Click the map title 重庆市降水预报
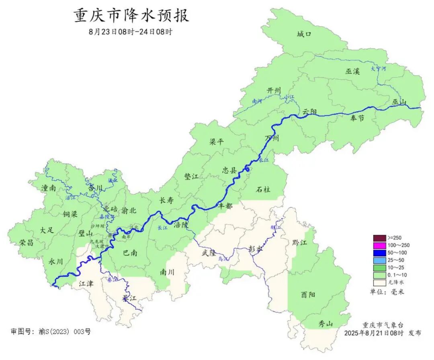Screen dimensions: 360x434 pyautogui.click(x=131, y=16)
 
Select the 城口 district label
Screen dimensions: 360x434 pyautogui.click(x=304, y=34)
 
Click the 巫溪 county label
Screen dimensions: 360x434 pyautogui.click(x=352, y=72)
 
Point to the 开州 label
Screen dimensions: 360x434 pyautogui.click(x=274, y=91)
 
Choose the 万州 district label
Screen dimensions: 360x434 pyautogui.click(x=272, y=138)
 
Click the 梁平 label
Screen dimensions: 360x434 pyautogui.click(x=217, y=142)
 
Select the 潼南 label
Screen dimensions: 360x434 pyautogui.click(x=48, y=188)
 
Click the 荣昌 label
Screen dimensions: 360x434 pyautogui.click(x=26, y=242)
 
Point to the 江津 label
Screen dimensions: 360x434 pyautogui.click(x=86, y=284)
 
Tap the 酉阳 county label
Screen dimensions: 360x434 pyautogui.click(x=308, y=295)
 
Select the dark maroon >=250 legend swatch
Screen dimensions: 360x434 pyautogui.click(x=379, y=238)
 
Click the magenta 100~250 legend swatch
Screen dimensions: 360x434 pyautogui.click(x=379, y=245)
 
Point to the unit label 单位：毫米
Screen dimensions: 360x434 pyautogui.click(x=387, y=292)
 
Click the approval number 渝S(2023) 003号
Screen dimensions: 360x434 pyautogui.click(x=65, y=331)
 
